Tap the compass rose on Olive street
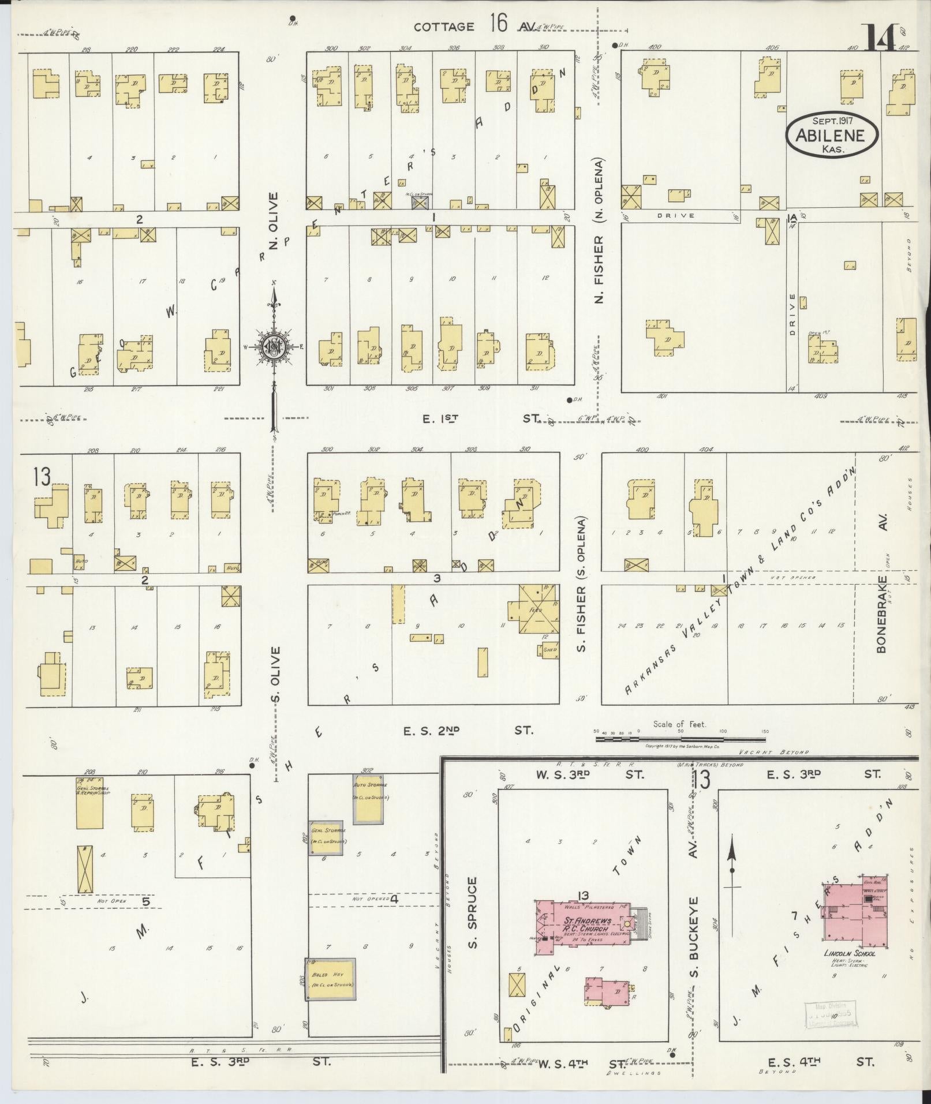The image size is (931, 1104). pyautogui.click(x=275, y=347)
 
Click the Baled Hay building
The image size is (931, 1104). pyautogui.click(x=330, y=979)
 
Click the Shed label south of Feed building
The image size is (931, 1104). pyautogui.click(x=551, y=650)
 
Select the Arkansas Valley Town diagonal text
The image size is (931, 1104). pyautogui.click(x=739, y=583)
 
